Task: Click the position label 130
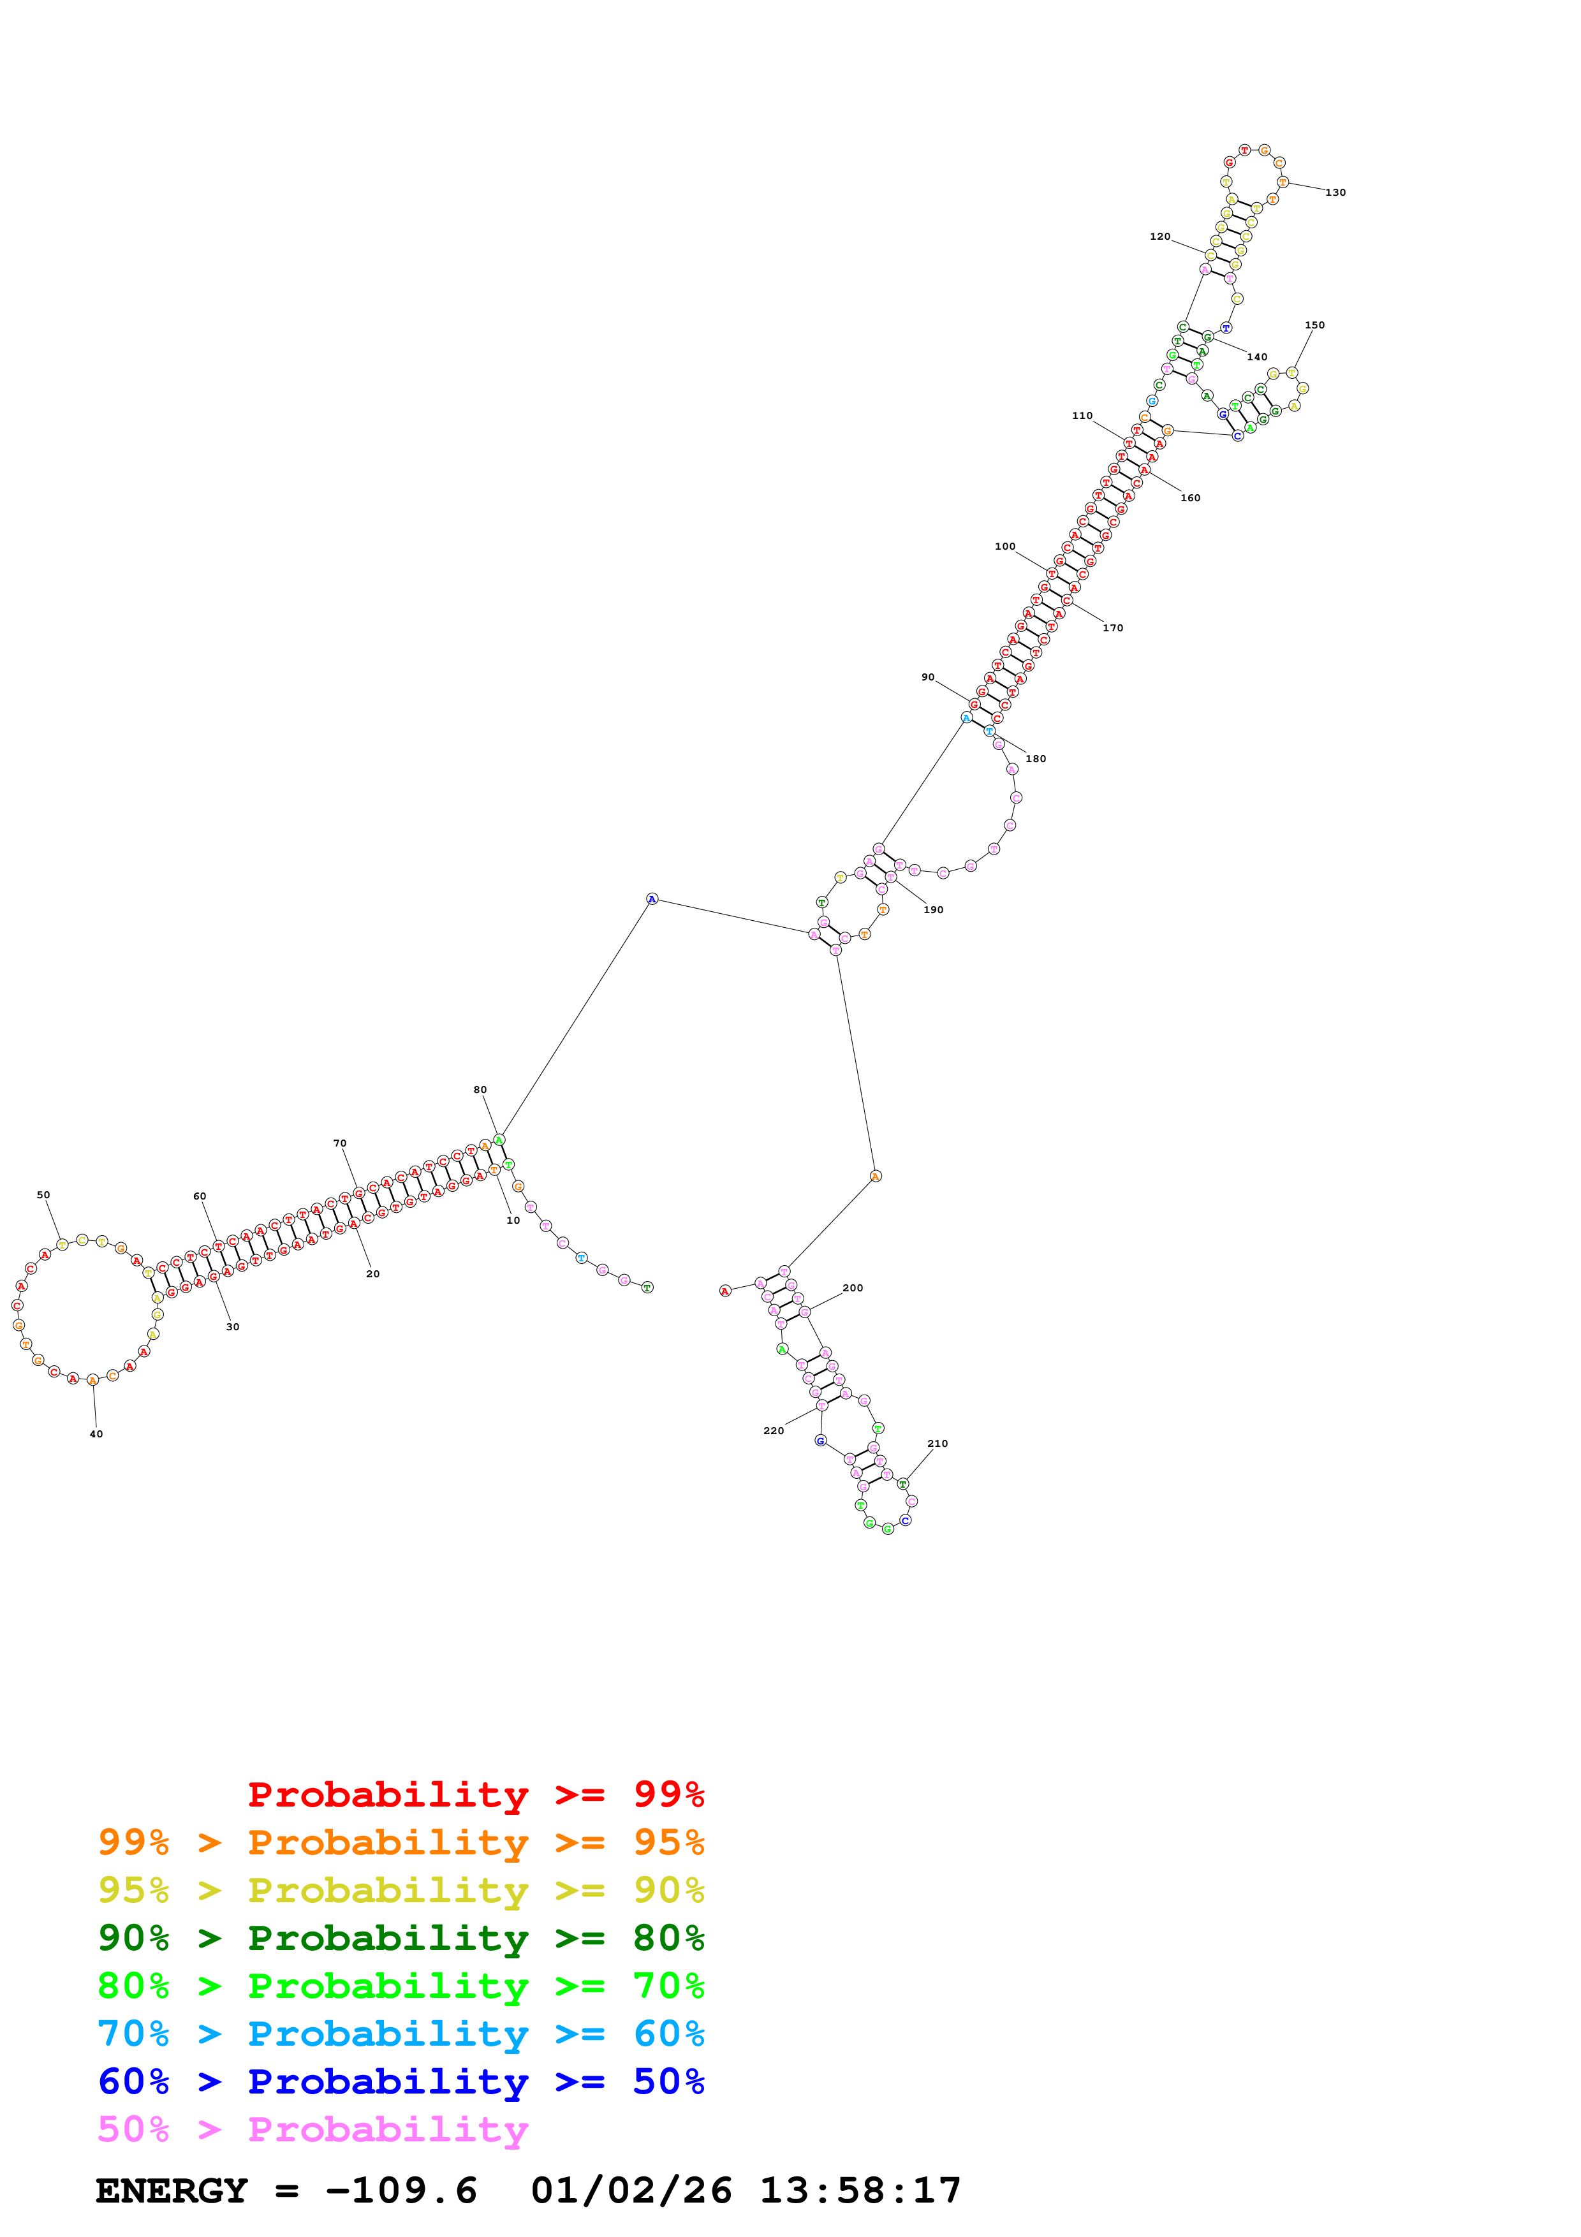click(1335, 193)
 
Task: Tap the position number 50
click(43, 1194)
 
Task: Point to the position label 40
click(96, 1434)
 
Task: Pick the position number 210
click(937, 1444)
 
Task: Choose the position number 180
click(1036, 759)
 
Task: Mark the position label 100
click(1004, 546)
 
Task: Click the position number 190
click(932, 910)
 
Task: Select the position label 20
click(372, 1273)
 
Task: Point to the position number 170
click(1112, 628)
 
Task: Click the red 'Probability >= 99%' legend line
click(475, 1794)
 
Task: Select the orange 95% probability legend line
click(401, 1842)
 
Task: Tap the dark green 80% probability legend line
click(401, 1938)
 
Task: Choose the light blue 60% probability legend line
click(401, 2034)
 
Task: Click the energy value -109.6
click(401, 2191)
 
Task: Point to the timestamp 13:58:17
click(860, 2191)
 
